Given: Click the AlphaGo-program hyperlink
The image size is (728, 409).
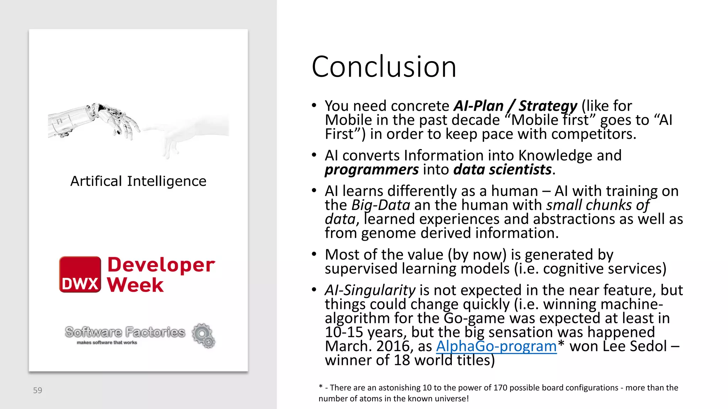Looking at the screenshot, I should pyautogui.click(x=496, y=346).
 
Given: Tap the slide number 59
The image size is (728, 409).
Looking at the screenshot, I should pyautogui.click(x=37, y=391).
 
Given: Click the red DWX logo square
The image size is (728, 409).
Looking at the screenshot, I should pyautogui.click(x=80, y=274).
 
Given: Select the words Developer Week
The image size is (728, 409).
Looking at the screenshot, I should pyautogui.click(x=161, y=274).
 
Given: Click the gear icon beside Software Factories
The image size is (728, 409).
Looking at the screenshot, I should pyautogui.click(x=203, y=335).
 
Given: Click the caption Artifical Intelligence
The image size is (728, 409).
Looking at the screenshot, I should pyautogui.click(x=138, y=181).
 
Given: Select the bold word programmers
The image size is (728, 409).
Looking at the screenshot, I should pyautogui.click(x=371, y=170).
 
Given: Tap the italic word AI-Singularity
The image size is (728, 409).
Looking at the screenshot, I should pyautogui.click(x=370, y=290).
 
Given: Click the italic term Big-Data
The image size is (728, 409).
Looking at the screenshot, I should pyautogui.click(x=381, y=205).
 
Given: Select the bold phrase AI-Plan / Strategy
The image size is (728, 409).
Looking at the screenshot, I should pyautogui.click(x=515, y=106).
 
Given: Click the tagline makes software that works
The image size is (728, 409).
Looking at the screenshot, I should pyautogui.click(x=107, y=343).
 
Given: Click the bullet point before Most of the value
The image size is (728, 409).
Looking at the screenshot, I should pyautogui.click(x=314, y=254).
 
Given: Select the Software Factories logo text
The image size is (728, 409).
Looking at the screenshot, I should pyautogui.click(x=125, y=332).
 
